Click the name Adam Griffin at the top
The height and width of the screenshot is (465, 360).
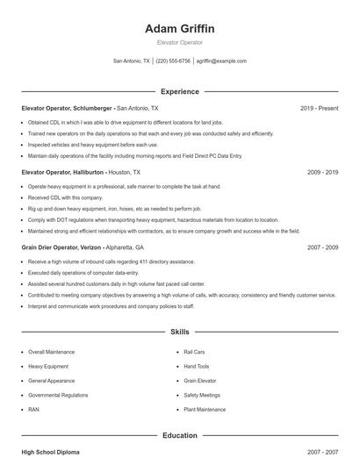(x=179, y=29)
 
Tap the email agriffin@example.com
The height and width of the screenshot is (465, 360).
(x=221, y=61)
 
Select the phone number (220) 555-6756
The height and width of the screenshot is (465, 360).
(x=173, y=61)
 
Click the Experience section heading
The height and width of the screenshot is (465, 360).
(x=179, y=91)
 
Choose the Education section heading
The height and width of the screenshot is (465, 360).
(x=179, y=435)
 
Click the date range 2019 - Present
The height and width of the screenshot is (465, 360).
(x=319, y=108)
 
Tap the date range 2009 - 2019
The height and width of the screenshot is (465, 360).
(x=322, y=173)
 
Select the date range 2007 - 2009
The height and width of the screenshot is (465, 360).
(x=322, y=247)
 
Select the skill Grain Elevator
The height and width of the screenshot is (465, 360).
(x=201, y=381)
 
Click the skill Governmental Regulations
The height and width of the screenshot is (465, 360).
(x=58, y=395)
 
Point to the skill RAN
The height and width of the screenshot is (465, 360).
(x=33, y=410)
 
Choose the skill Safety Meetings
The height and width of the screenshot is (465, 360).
(x=202, y=395)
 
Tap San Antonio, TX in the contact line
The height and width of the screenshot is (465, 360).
(x=132, y=61)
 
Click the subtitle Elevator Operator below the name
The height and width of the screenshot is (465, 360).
(x=179, y=42)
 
